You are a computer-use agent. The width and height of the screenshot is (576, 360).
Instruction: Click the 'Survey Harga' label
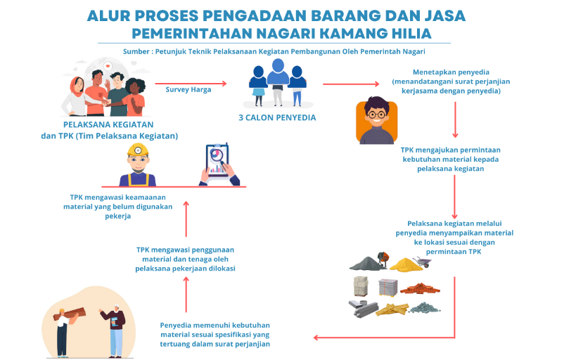188,89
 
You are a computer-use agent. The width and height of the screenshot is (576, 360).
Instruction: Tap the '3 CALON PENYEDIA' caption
277,117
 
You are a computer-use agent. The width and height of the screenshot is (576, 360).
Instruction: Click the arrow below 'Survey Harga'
196,84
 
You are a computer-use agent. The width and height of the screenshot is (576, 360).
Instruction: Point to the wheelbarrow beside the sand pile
421,262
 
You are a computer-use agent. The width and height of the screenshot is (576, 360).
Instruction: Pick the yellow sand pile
402,264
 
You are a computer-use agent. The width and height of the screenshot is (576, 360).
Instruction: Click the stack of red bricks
420,288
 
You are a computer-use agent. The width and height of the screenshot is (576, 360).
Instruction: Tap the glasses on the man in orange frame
377,114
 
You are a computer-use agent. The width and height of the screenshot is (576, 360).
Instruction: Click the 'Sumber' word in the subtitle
137,51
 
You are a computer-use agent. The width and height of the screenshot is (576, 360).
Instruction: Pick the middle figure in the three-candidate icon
278,76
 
